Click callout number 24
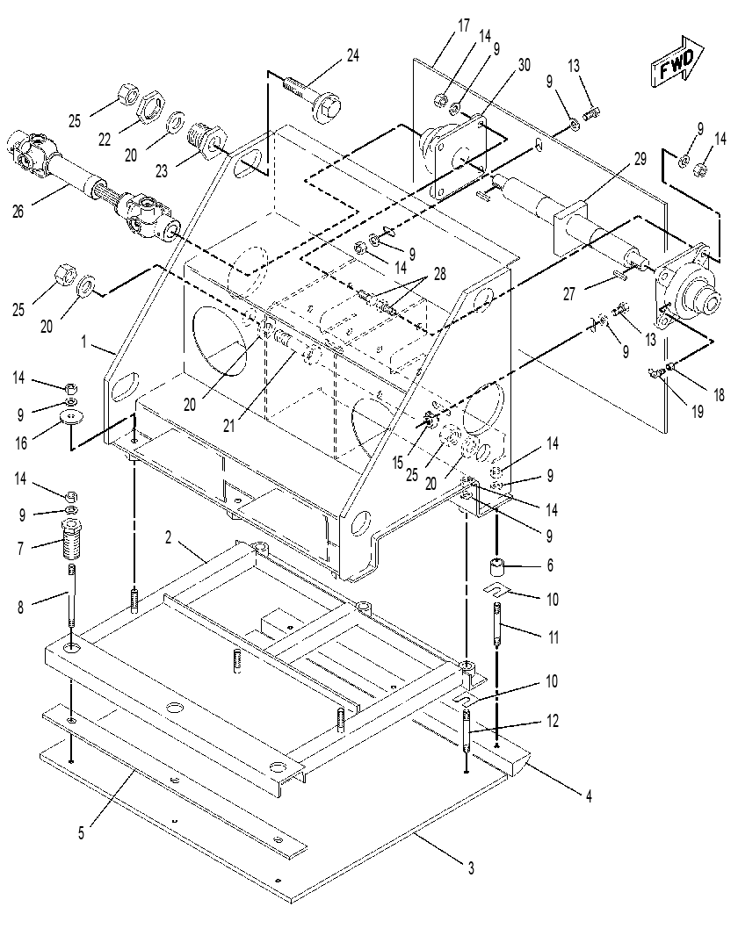(352, 55)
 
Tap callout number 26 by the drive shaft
(18, 212)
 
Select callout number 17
(463, 26)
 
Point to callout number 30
(524, 64)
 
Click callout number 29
(640, 159)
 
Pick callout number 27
(568, 294)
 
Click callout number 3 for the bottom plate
(471, 868)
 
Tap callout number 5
(81, 833)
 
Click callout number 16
(21, 443)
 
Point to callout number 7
(20, 548)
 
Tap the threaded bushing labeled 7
(71, 539)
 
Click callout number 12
(552, 721)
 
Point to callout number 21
(228, 426)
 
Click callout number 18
(719, 395)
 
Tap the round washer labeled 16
(71, 418)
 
